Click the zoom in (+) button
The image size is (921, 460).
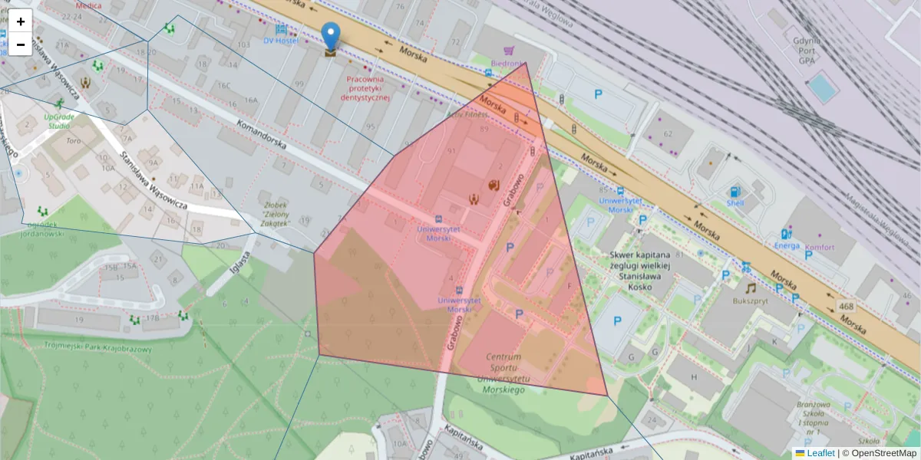click(x=21, y=21)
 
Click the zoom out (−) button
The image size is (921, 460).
click(x=21, y=44)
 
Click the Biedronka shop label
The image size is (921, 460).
click(x=507, y=64)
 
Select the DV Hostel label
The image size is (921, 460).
click(x=280, y=40)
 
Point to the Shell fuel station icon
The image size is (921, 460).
click(x=735, y=192)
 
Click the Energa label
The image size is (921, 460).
click(x=787, y=246)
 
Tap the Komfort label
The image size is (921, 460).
click(x=820, y=248)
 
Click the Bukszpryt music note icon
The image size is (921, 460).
click(x=751, y=288)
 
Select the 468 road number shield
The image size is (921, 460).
click(x=846, y=307)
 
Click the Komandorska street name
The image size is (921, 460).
click(x=261, y=134)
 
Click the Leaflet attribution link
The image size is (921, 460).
click(x=820, y=453)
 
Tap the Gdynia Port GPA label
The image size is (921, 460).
click(x=807, y=50)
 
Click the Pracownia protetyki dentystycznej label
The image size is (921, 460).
click(x=365, y=88)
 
